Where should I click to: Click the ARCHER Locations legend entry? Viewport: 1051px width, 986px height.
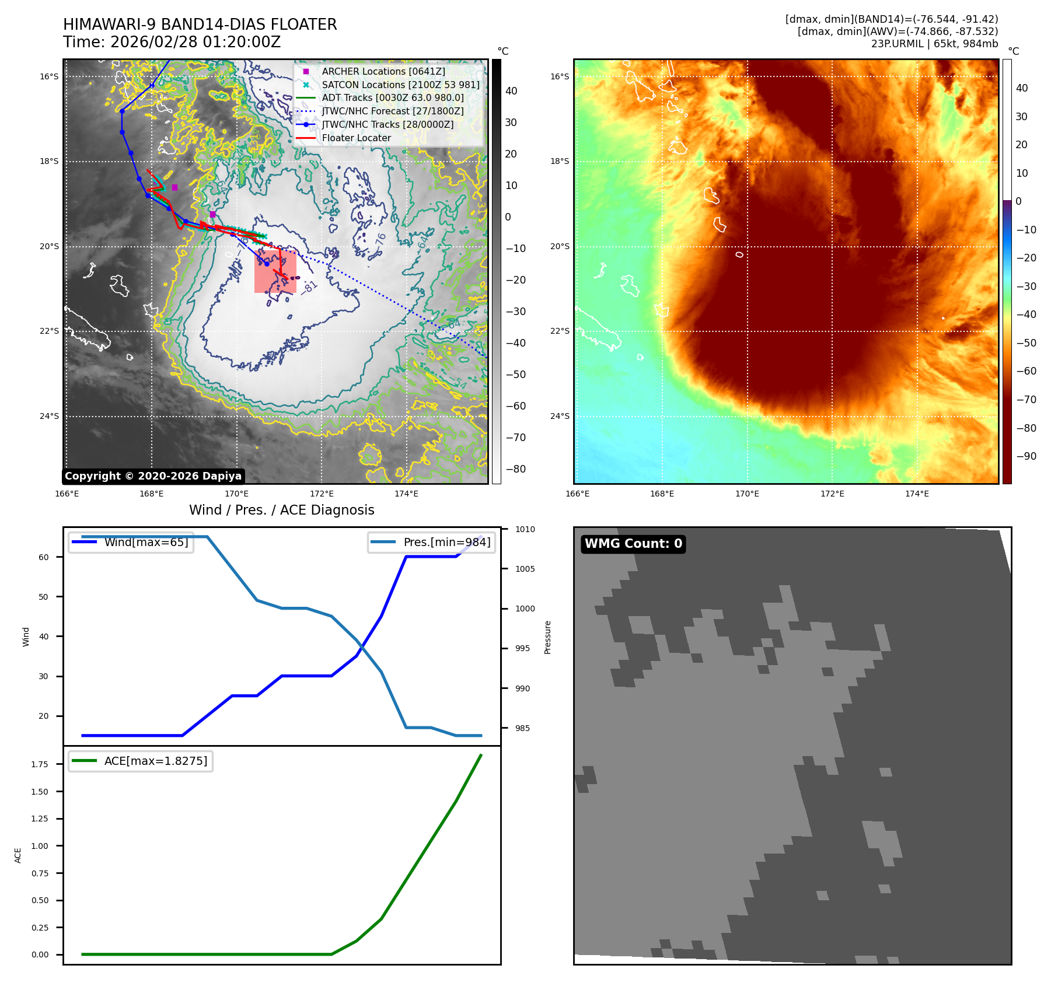click(x=383, y=71)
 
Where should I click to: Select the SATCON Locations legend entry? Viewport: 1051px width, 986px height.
click(x=400, y=85)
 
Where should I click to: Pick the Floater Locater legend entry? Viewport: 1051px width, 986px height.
click(x=356, y=138)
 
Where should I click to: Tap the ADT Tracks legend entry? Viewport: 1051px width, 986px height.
click(x=393, y=98)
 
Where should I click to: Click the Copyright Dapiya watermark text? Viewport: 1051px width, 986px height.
click(x=153, y=476)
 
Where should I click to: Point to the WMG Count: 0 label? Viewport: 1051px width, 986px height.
click(x=633, y=544)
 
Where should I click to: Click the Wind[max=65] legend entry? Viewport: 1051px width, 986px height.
click(x=146, y=542)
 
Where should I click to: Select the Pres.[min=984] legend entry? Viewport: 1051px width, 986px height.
click(x=446, y=542)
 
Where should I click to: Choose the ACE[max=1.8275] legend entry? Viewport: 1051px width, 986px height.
click(x=155, y=761)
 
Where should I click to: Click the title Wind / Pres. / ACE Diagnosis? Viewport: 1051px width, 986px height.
click(x=281, y=510)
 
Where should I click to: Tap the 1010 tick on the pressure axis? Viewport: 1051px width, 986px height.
click(x=525, y=529)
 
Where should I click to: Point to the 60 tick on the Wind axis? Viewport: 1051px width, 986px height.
click(x=44, y=557)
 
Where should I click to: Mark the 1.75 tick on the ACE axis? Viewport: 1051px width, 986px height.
click(x=40, y=764)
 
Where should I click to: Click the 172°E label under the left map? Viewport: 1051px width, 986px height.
click(x=322, y=494)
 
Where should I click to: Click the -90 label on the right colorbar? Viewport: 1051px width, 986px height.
click(x=1026, y=456)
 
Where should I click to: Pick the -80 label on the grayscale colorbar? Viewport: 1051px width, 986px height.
click(x=515, y=469)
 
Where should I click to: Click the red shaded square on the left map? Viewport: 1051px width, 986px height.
click(x=275, y=272)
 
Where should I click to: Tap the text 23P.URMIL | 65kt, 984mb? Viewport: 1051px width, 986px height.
click(x=934, y=44)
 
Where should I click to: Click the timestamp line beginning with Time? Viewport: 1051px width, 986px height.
click(x=172, y=42)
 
